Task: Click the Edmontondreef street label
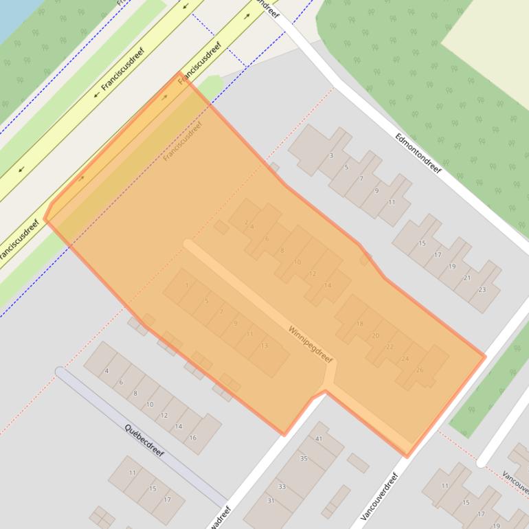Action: [x=418, y=153]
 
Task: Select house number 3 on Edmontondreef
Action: [x=331, y=156]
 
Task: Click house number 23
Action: [x=482, y=289]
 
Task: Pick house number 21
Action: [x=467, y=278]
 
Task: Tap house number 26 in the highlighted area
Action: [x=420, y=370]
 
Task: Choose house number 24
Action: [x=405, y=359]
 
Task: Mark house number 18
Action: [x=359, y=324]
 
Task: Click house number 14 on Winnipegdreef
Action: [x=327, y=285]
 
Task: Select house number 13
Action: [x=264, y=346]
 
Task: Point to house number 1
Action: [x=187, y=286]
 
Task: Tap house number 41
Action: [x=319, y=438]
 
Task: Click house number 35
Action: [x=304, y=458]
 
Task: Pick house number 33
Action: [x=282, y=486]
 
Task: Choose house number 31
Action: [x=271, y=500]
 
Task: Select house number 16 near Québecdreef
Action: [x=192, y=438]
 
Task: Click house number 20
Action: [x=375, y=335]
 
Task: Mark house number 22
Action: [x=390, y=346]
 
